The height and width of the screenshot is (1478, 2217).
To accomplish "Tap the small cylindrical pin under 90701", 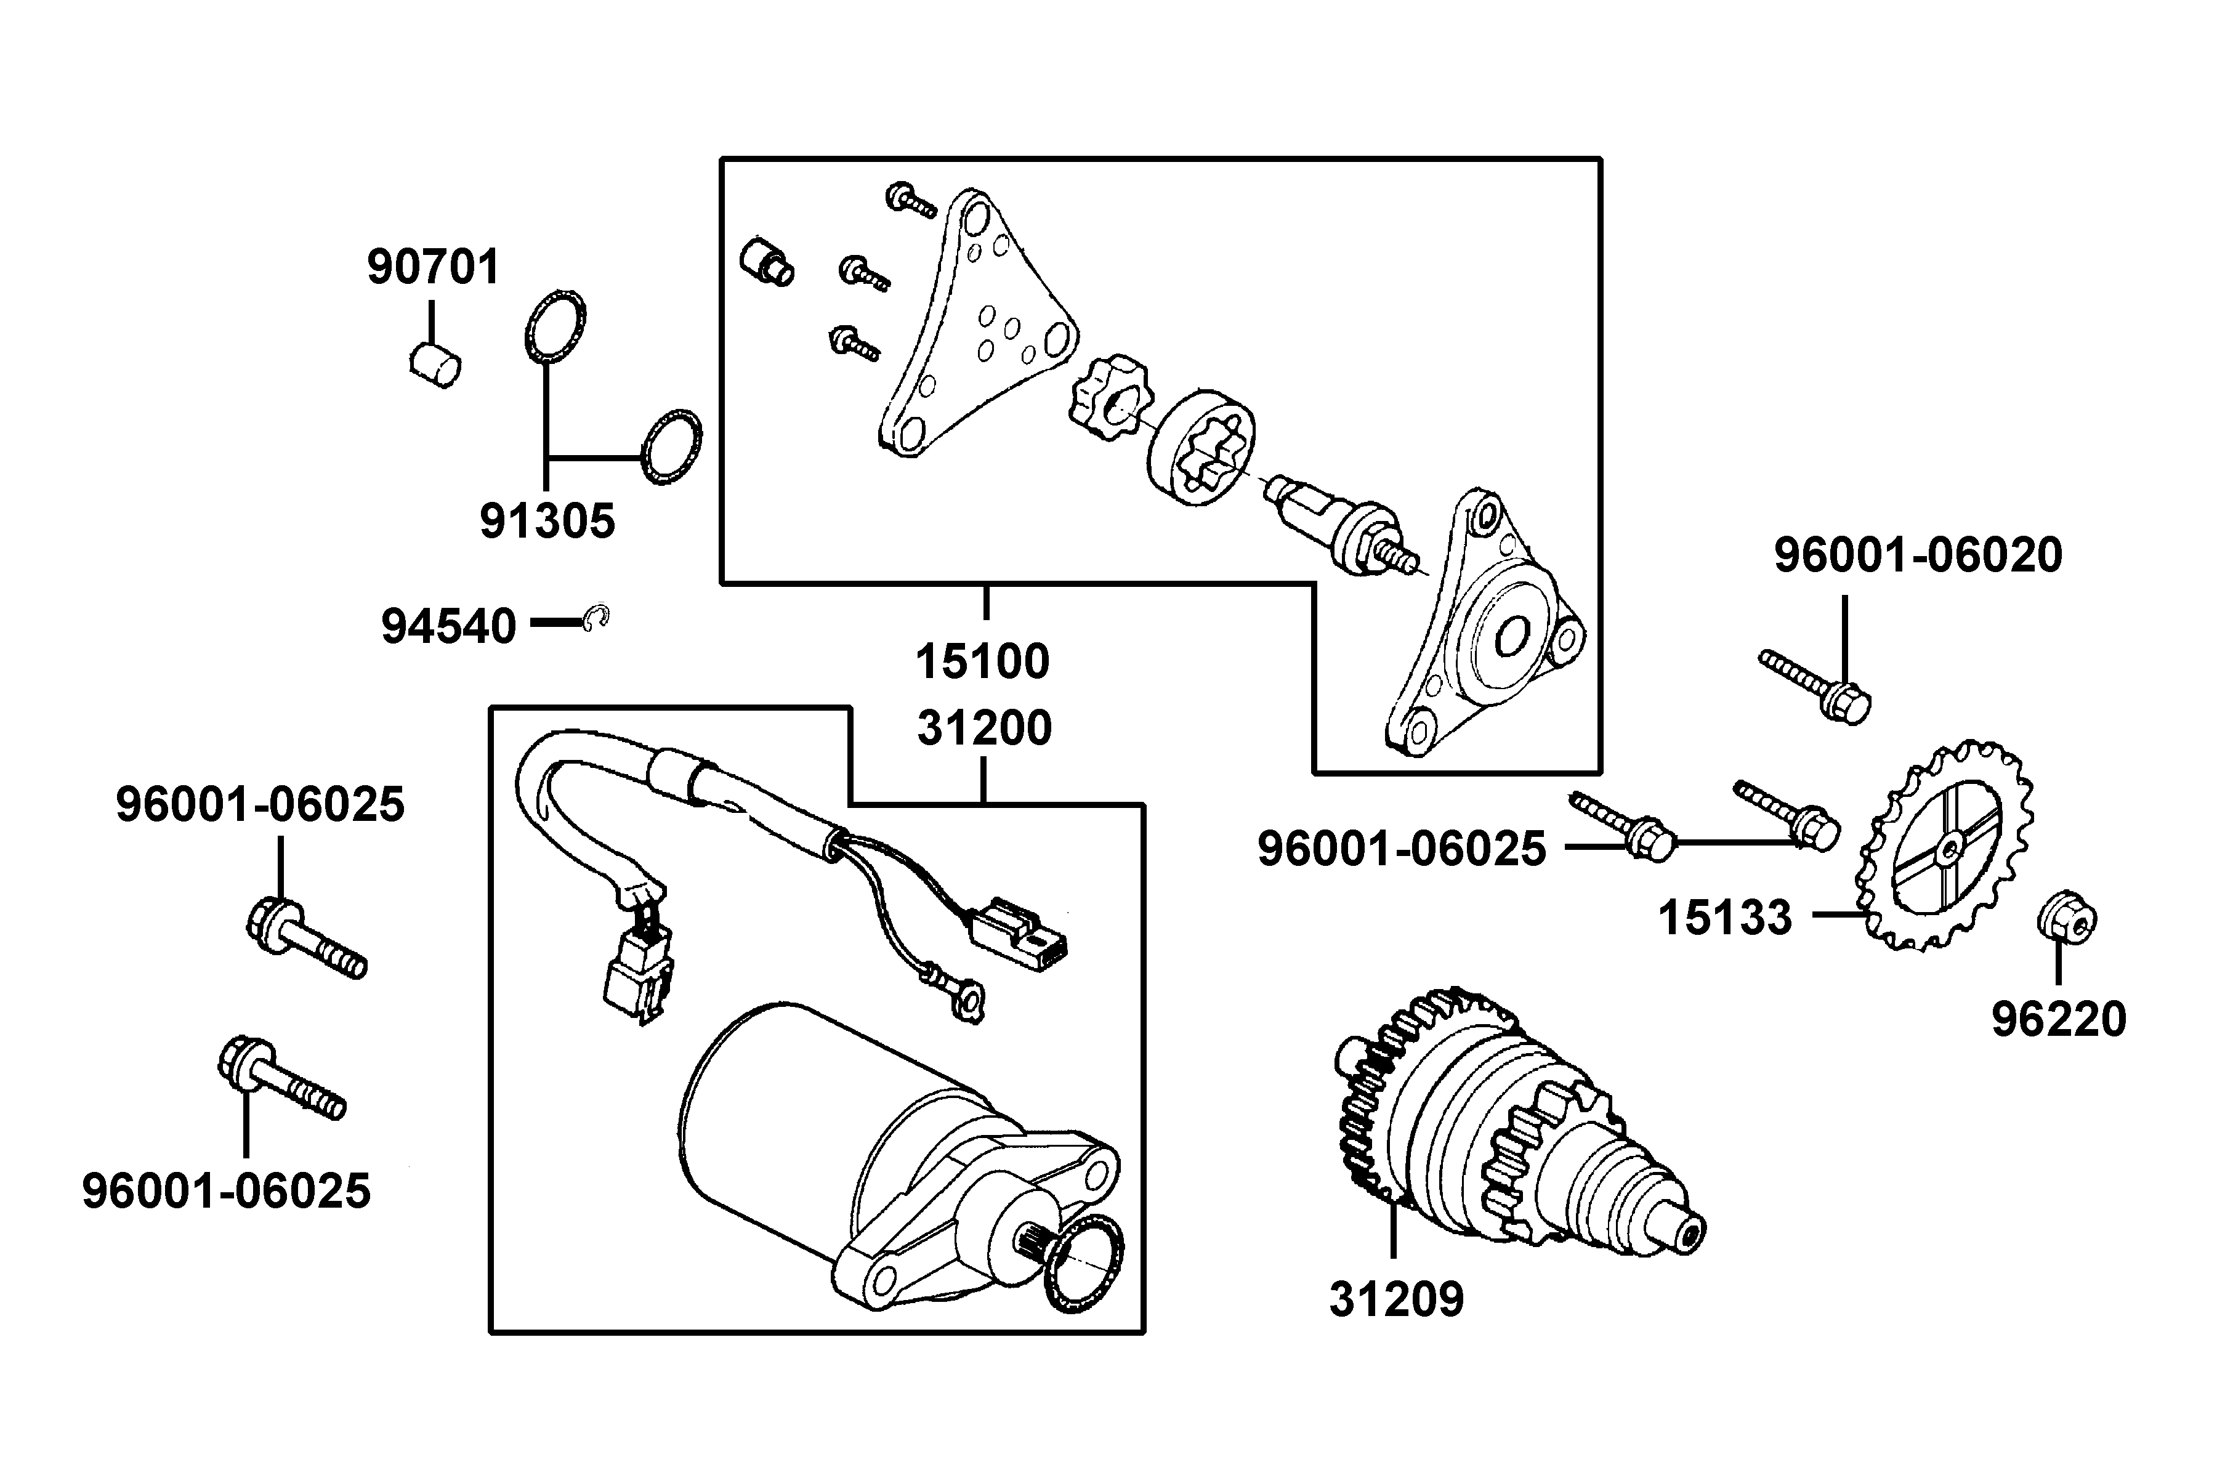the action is (435, 366).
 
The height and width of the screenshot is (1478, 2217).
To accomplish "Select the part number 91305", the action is (547, 520).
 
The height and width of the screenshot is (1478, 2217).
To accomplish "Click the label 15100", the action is (982, 661).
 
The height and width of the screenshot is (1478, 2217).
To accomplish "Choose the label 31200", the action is (984, 729).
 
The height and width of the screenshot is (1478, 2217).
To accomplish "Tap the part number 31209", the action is (1396, 1299).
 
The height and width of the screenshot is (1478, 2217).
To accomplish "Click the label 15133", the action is (1725, 917).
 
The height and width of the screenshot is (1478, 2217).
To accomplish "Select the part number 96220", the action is (2059, 1019).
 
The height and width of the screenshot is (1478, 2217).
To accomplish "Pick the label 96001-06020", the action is (1918, 555).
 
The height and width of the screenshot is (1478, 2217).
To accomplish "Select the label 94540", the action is (449, 626).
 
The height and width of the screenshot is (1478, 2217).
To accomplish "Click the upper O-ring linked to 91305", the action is (555, 326).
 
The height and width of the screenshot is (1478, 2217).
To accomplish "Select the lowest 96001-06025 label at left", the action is (226, 1192).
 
